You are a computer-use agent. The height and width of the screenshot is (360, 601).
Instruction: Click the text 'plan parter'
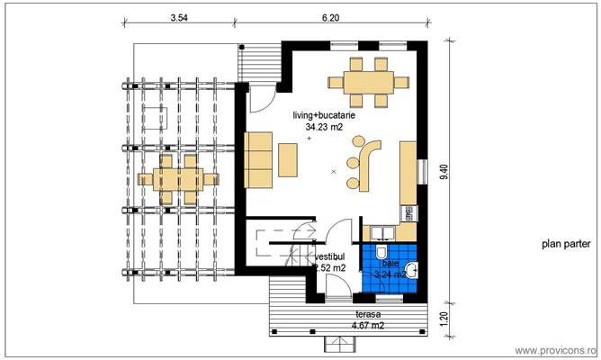[564, 243]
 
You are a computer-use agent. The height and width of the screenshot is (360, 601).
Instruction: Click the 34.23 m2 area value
[322, 128]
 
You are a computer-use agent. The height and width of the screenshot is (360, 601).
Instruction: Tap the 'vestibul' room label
[329, 256]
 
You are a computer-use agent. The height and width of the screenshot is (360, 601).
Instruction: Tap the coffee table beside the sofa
[288, 159]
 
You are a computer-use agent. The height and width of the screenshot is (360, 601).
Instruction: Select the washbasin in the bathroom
[412, 268]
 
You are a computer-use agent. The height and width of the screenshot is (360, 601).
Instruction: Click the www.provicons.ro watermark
[555, 349]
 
